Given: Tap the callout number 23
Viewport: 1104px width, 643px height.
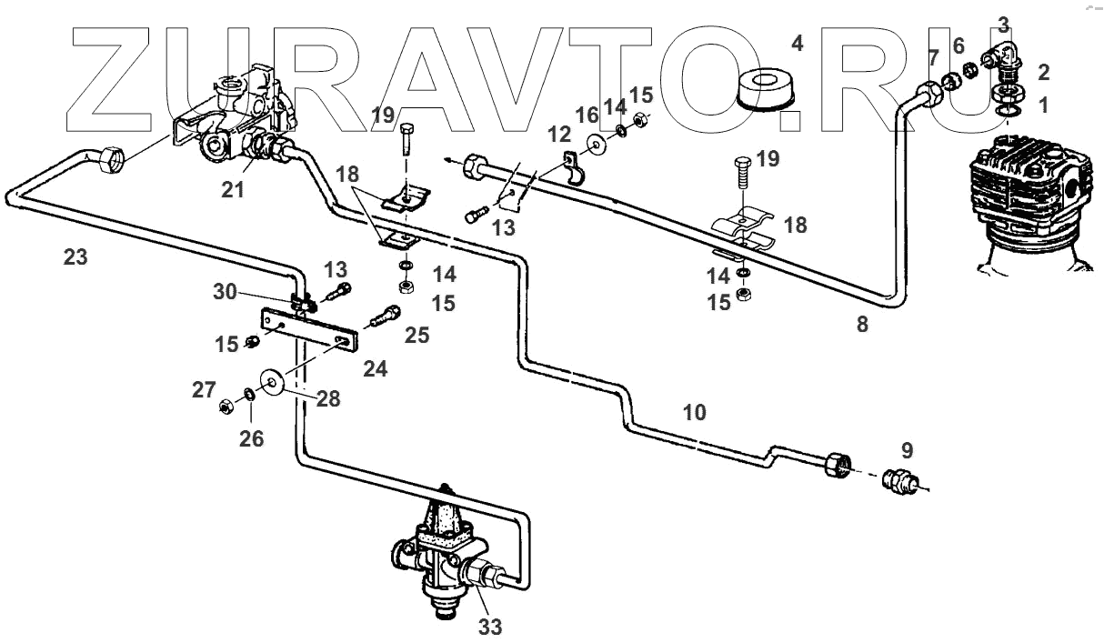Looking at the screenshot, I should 75,257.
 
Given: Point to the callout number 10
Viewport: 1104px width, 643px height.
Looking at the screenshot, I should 694,412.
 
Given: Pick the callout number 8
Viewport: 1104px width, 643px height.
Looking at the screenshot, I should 861,323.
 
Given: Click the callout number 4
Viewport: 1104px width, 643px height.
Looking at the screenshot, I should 797,43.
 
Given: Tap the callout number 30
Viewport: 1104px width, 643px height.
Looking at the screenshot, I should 224,293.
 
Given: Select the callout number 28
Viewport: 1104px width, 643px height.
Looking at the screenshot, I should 328,399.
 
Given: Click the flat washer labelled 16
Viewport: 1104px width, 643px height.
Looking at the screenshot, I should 597,143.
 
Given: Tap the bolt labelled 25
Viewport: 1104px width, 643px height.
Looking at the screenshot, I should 386,317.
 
